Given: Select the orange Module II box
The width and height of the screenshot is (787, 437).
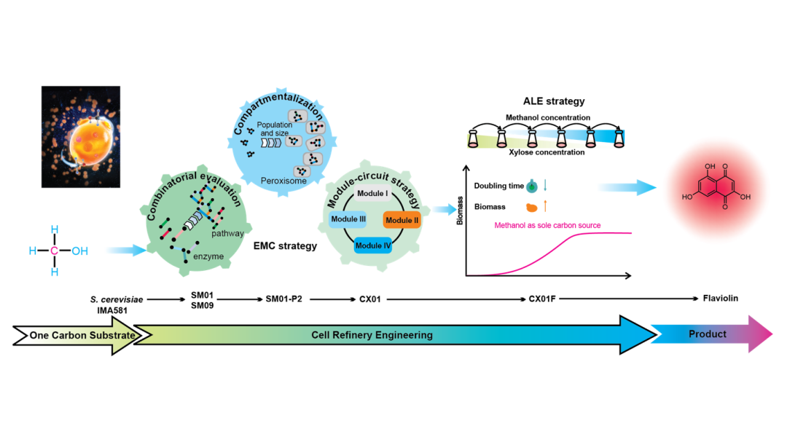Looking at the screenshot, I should tap(402, 220).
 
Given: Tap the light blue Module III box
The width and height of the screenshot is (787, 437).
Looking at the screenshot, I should tap(348, 219).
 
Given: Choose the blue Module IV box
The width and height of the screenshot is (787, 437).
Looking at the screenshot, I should tap(373, 245).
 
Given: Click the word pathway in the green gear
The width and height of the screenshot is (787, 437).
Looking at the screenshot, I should tap(227, 234).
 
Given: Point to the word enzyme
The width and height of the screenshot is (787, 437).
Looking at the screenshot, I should tap(208, 256).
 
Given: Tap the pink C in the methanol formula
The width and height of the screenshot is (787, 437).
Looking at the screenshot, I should tap(54, 251).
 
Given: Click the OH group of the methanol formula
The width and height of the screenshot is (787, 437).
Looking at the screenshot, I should tap(80, 251).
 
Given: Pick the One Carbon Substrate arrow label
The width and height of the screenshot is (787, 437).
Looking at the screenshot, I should tap(82, 336).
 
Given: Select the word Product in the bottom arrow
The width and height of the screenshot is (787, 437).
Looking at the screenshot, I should tap(708, 334).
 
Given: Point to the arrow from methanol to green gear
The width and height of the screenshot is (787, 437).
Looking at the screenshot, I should tap(124, 251).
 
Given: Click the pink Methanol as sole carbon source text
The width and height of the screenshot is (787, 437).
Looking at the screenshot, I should tap(547, 225).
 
